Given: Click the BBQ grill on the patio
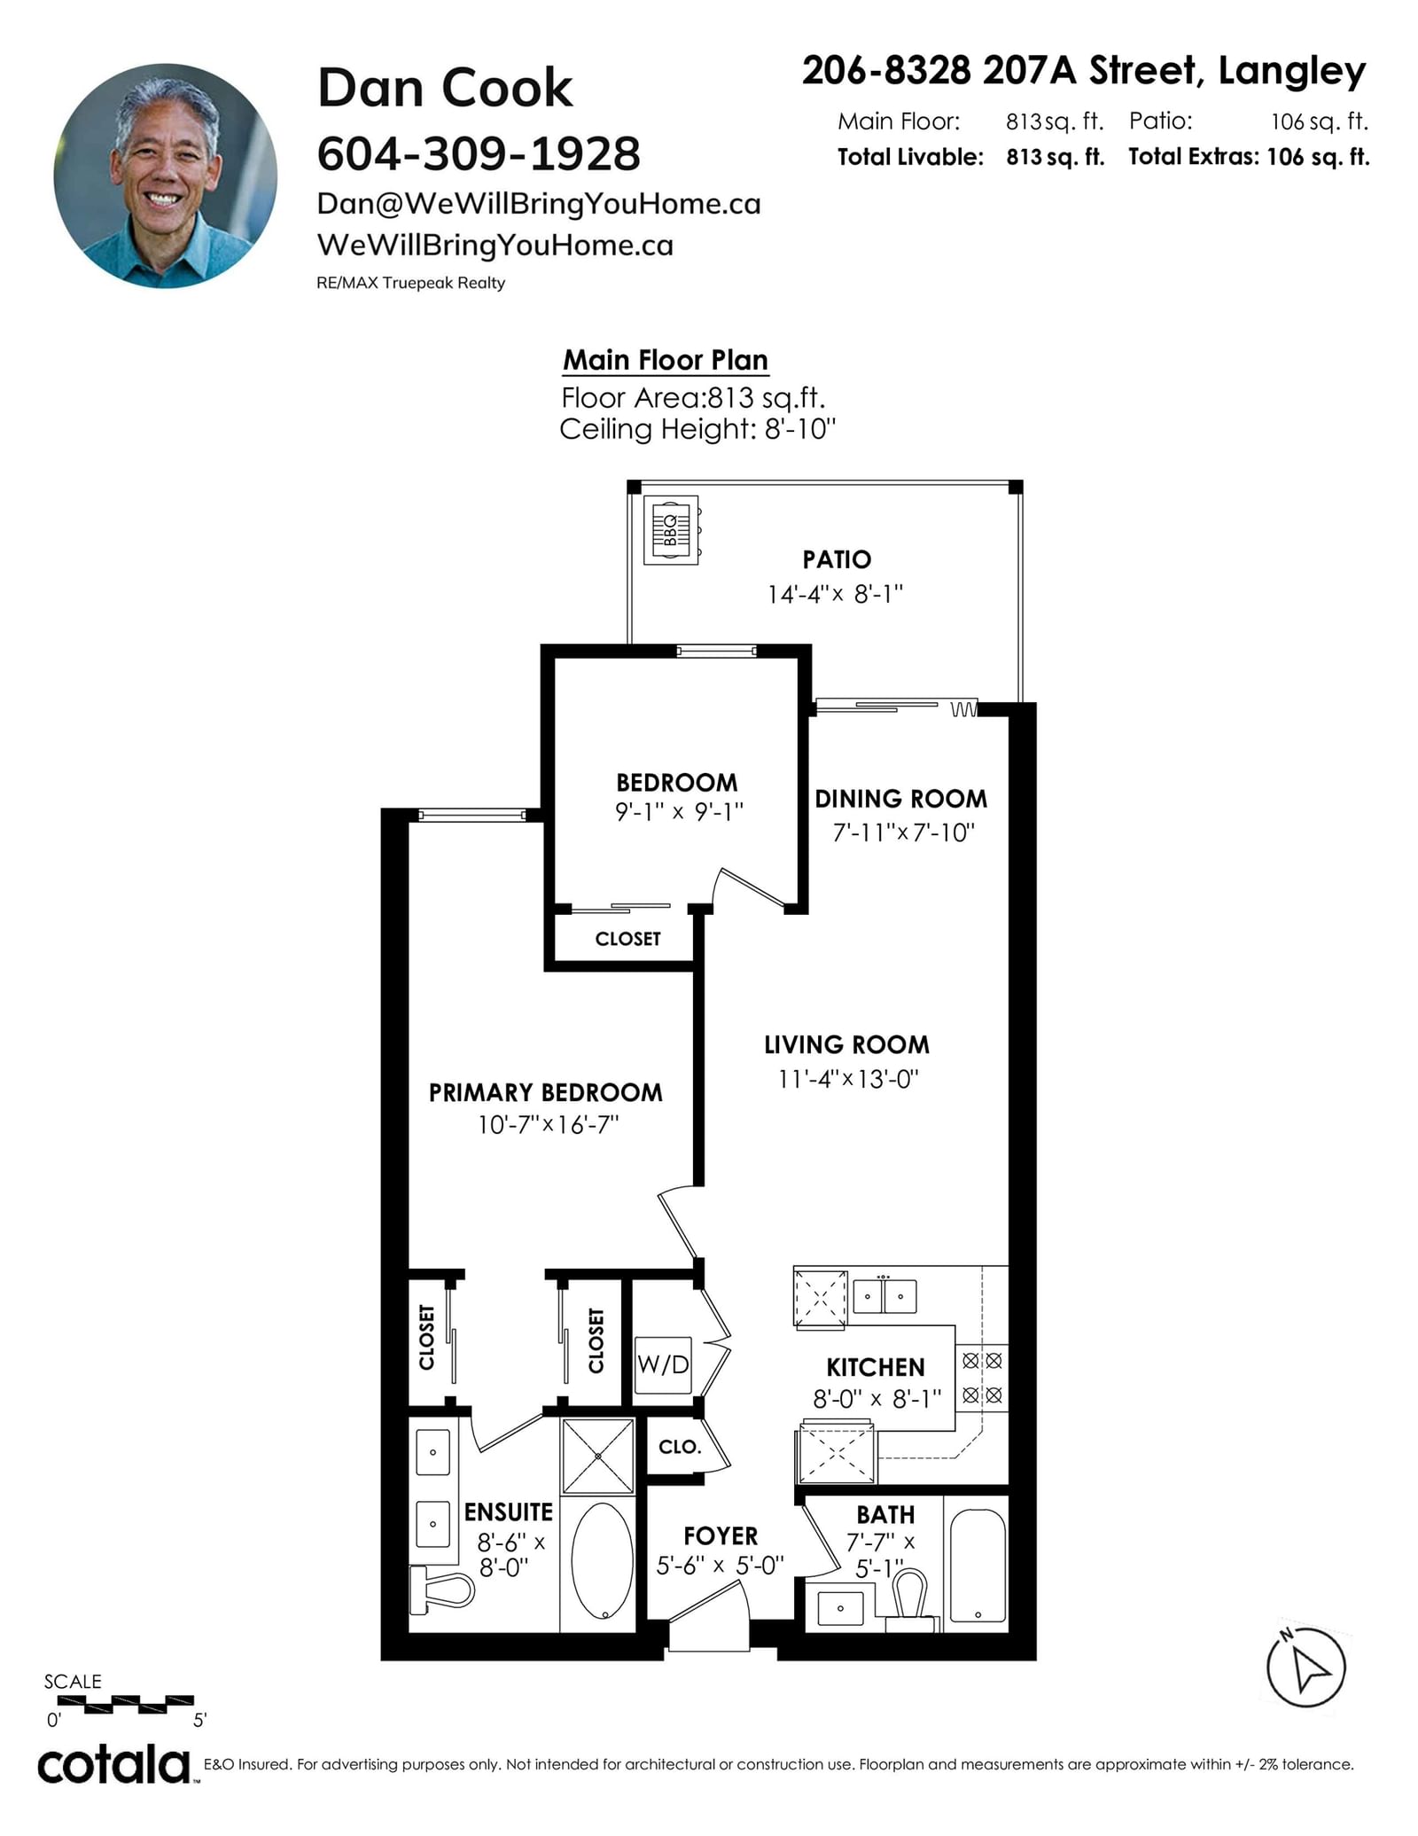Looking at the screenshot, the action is tap(672, 530).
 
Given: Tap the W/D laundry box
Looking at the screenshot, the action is tap(663, 1364).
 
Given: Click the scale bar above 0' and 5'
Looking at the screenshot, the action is tap(126, 1701).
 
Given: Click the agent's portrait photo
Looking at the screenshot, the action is tap(166, 176).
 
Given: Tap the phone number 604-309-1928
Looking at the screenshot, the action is tap(479, 154).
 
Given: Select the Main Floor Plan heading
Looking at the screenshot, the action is tap(666, 360).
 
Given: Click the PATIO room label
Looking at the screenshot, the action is tap(837, 559).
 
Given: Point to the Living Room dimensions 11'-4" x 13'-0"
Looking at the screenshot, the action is tap(848, 1079).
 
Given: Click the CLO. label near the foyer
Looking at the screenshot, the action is tap(680, 1447).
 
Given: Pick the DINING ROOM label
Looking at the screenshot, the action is tap(900, 799).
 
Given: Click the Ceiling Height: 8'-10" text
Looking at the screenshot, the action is tap(697, 429).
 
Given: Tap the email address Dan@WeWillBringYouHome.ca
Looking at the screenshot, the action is tap(539, 204).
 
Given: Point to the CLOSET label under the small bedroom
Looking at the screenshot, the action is tap(627, 939).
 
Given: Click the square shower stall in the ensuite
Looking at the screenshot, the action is tap(598, 1456).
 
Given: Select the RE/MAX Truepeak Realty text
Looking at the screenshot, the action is tap(410, 283).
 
